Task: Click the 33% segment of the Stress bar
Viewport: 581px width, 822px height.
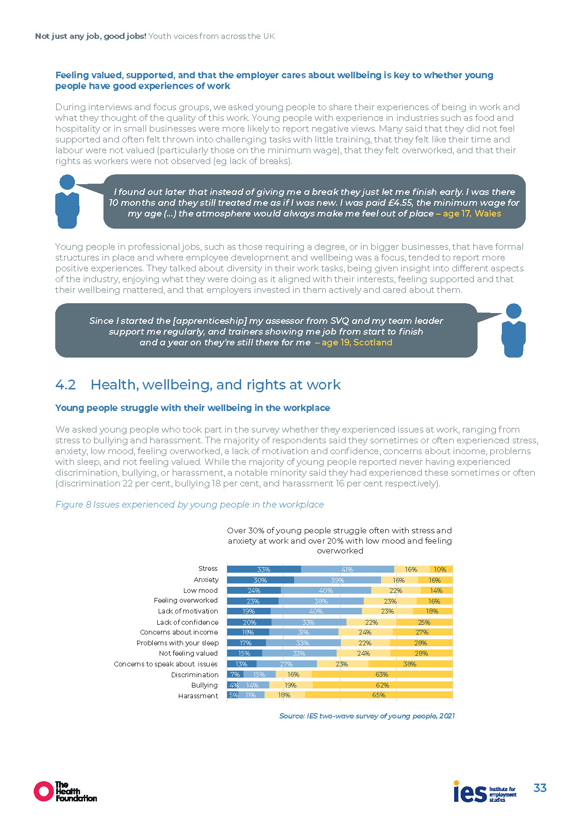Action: point(264,569)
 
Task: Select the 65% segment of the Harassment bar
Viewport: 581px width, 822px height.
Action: point(379,695)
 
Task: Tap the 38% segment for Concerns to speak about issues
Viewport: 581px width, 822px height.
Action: point(410,664)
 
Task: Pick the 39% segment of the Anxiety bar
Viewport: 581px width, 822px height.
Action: point(337,580)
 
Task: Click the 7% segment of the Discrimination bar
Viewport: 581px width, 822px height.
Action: point(235,674)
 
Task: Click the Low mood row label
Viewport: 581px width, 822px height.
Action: point(200,590)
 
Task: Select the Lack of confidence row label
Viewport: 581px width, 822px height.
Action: point(187,622)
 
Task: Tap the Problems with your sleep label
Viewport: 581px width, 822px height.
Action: point(177,643)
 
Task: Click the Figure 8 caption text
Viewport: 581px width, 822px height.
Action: point(190,505)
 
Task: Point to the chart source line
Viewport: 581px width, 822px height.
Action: point(367,716)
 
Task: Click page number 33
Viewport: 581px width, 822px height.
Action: point(540,788)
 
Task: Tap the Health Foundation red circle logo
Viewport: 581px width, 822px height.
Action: point(44,791)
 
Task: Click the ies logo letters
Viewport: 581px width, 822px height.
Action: point(470,792)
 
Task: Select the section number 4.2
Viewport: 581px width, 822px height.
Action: point(66,385)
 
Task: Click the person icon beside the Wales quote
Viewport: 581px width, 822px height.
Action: point(67,202)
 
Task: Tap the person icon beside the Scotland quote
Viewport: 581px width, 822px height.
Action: point(514,330)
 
